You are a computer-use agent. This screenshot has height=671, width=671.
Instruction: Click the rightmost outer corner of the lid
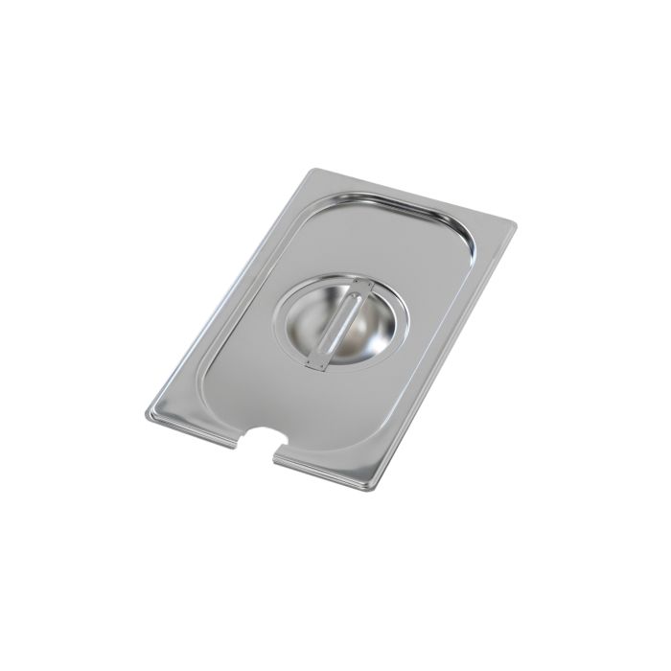point(515,226)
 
